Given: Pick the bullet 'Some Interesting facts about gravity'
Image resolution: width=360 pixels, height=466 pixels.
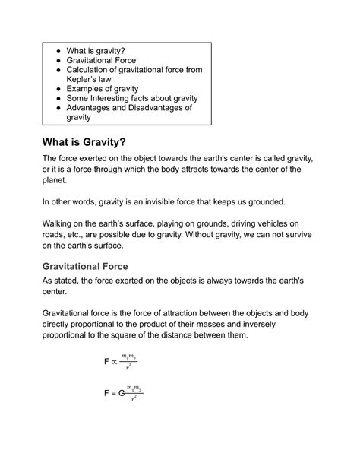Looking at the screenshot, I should [x=132, y=98].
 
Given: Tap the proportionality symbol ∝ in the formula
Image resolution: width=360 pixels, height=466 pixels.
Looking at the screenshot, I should [x=114, y=362].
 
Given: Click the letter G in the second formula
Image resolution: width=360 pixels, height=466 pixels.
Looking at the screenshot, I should [x=122, y=394].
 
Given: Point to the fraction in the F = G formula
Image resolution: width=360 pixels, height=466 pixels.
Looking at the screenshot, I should [x=135, y=394].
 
